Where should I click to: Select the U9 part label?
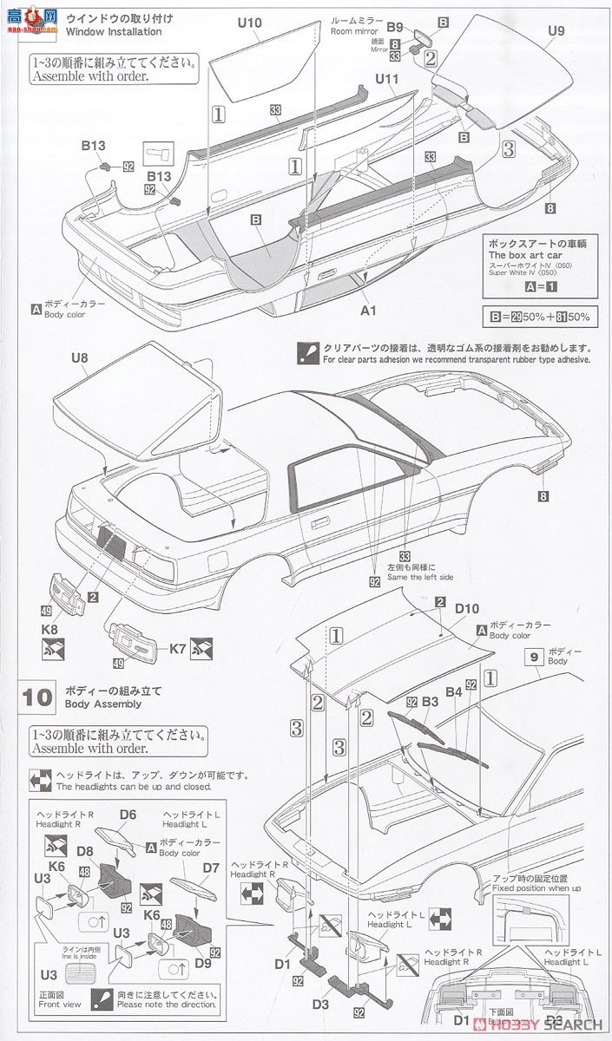[x=556, y=32]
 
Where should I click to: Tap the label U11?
[x=387, y=79]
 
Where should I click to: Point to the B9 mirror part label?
[x=395, y=27]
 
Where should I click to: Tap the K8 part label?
[x=49, y=630]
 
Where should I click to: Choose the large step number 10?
[x=39, y=697]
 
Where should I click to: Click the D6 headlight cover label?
[x=128, y=814]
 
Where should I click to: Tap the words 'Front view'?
[x=60, y=1005]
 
